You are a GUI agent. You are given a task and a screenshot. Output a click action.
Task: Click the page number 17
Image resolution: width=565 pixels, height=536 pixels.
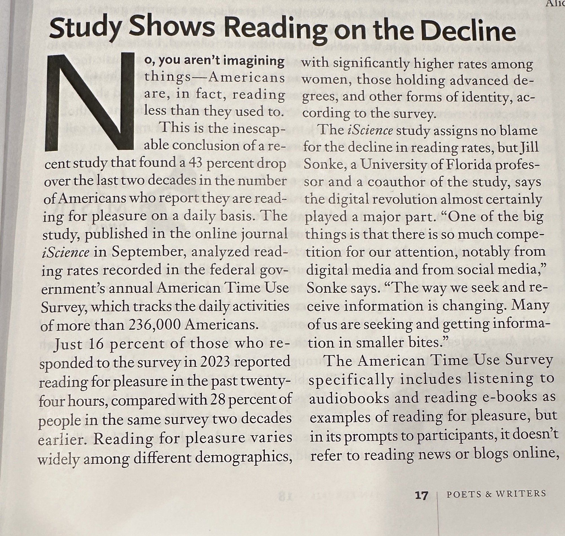[x=421, y=495]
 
